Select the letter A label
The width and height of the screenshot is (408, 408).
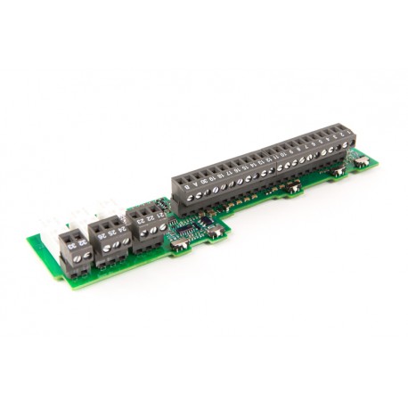[195, 185]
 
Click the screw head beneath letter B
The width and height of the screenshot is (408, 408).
[188, 200]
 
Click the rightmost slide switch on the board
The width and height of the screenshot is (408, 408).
[362, 161]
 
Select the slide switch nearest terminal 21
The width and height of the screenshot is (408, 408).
[179, 241]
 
